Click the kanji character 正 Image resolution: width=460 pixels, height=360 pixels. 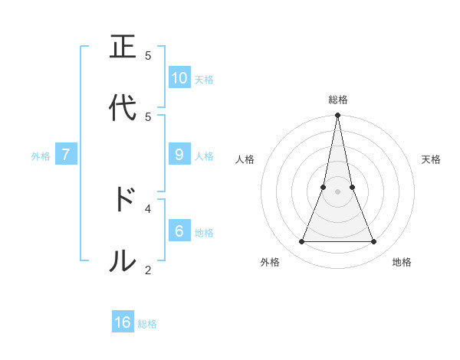(x=123, y=47)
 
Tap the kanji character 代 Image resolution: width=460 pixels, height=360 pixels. (x=123, y=108)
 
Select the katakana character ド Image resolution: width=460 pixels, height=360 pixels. (x=123, y=199)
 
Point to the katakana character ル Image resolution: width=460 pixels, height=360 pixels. (x=123, y=260)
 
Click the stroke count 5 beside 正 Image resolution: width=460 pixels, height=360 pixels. (x=148, y=55)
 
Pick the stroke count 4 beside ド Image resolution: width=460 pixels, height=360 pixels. (x=148, y=208)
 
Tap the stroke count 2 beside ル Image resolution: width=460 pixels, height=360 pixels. (x=148, y=269)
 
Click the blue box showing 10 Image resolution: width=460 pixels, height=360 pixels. (x=179, y=78)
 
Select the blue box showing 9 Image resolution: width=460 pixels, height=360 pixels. (x=179, y=155)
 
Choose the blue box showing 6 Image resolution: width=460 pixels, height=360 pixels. (x=179, y=231)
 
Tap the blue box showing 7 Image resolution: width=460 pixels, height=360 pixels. (x=66, y=155)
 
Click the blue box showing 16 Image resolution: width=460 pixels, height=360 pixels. (x=123, y=322)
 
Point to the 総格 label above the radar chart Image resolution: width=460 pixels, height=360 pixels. (x=338, y=100)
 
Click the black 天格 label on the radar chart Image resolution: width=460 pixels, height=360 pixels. (x=432, y=159)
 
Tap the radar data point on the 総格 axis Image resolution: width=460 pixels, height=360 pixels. (x=338, y=116)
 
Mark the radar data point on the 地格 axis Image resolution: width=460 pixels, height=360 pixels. (x=374, y=242)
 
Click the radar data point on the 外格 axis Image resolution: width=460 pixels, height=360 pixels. (x=301, y=242)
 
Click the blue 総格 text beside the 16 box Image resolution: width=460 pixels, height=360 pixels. (x=147, y=324)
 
